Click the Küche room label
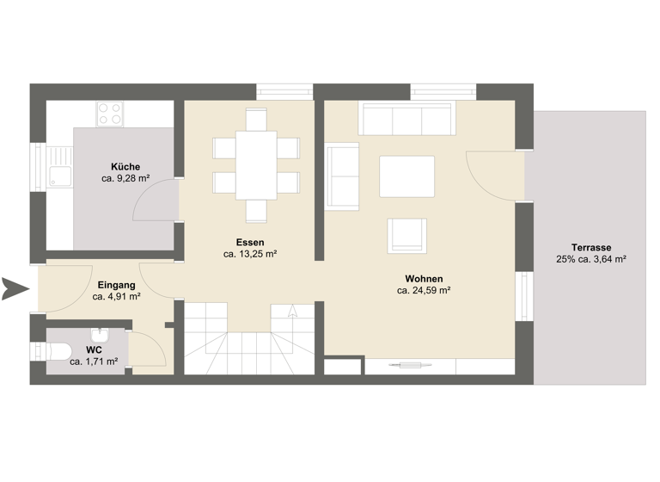(125, 167)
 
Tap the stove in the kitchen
(110, 114)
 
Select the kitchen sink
(58, 176)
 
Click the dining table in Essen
(256, 164)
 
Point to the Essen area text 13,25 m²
(249, 254)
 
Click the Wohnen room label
(424, 279)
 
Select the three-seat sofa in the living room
(405, 119)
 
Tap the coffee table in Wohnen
(407, 176)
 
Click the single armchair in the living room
(406, 235)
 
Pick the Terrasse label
(591, 246)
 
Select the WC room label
(95, 349)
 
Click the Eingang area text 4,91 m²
(116, 296)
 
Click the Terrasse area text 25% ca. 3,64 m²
(591, 258)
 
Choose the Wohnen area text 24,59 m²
(424, 291)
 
